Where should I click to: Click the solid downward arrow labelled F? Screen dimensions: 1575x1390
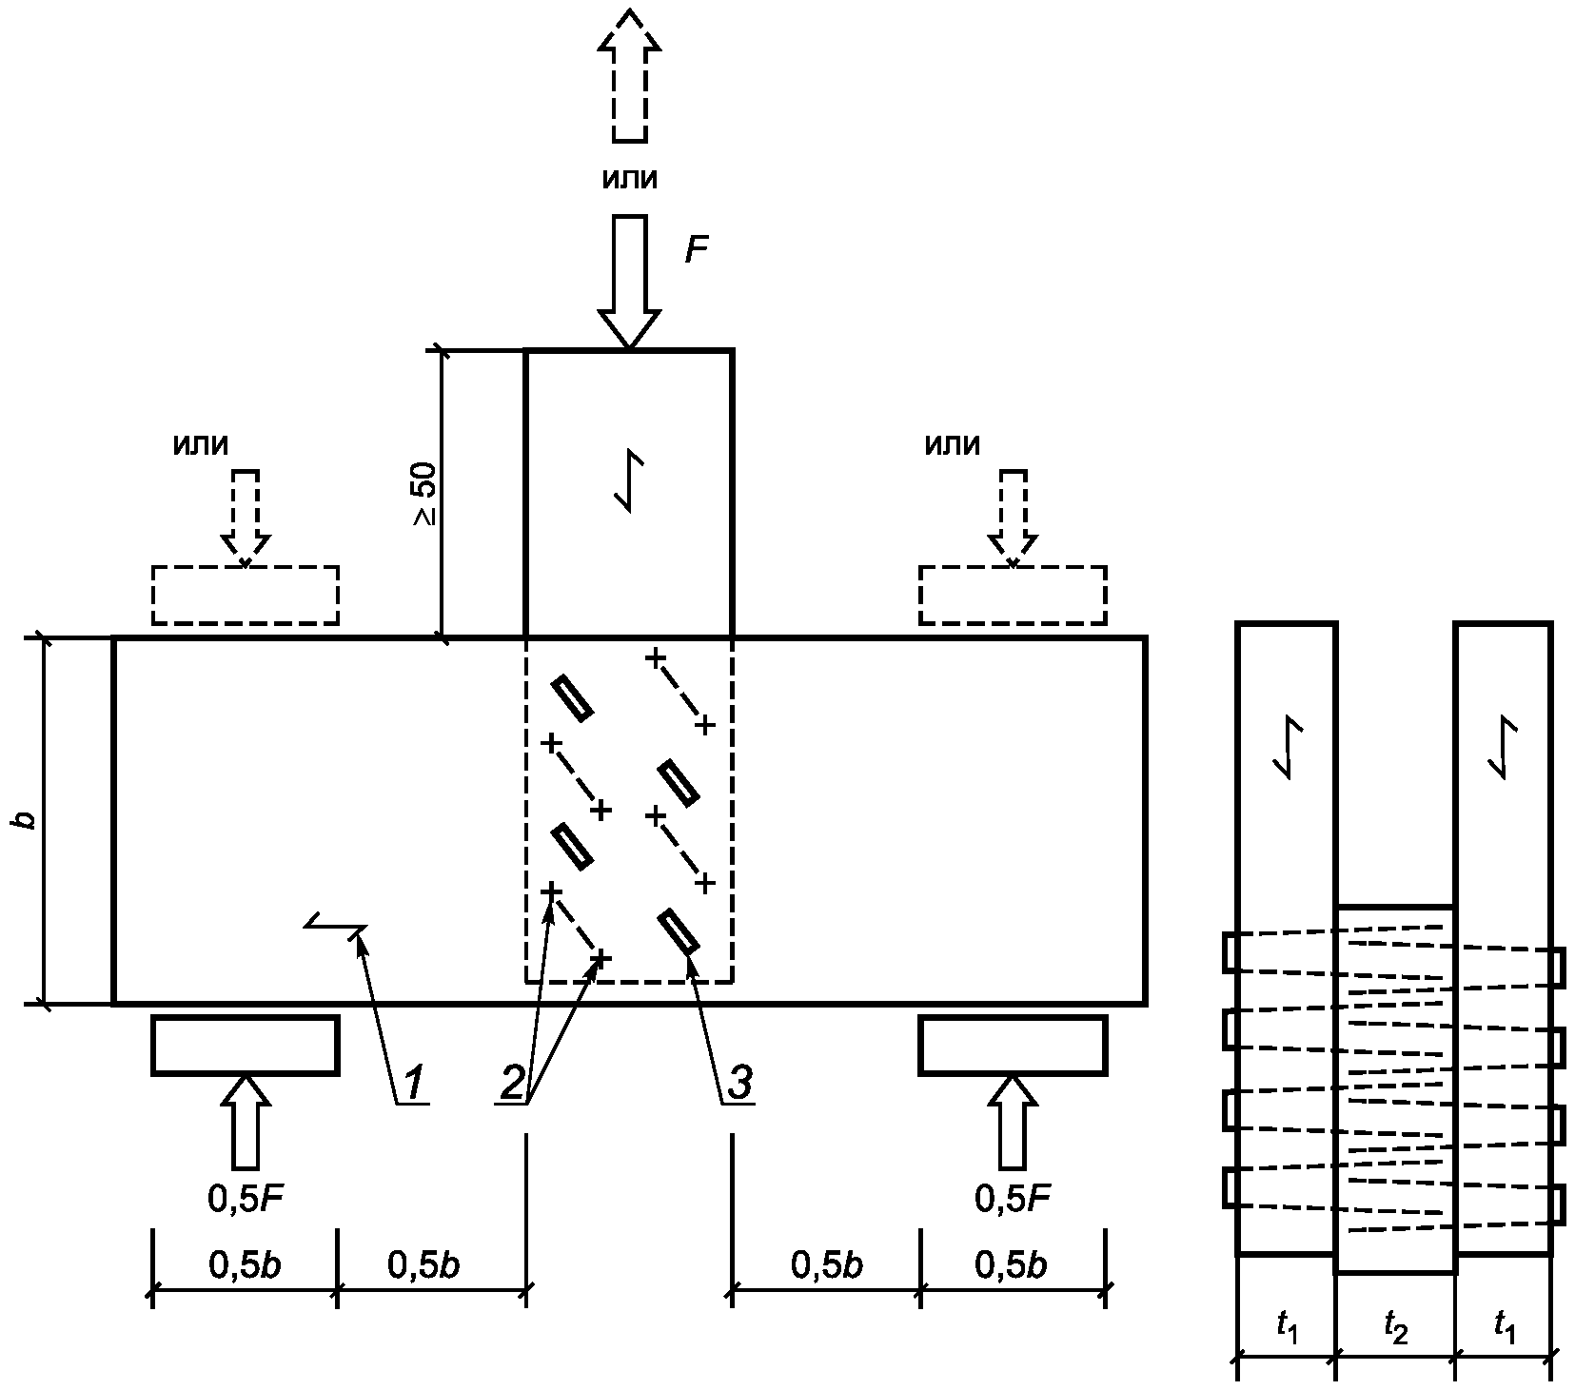628,282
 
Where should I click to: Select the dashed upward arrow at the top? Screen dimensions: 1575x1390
628,76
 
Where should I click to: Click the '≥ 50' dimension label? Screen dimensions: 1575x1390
425,494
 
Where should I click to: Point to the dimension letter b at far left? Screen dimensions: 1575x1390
29,819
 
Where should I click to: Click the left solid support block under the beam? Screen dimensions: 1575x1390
246,1045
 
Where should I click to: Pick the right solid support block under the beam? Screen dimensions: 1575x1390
1013,1045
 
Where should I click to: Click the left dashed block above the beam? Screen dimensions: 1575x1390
246,596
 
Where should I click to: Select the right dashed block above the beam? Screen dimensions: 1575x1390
1013,596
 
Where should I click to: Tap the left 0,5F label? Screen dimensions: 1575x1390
246,1200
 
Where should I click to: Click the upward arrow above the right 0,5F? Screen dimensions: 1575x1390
1013,1122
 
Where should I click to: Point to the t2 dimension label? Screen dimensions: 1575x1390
1395,1325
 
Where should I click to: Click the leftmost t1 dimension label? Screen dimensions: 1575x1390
1287,1325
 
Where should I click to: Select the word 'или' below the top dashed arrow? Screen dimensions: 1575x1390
629,179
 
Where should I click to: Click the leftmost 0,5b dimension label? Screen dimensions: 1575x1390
245,1264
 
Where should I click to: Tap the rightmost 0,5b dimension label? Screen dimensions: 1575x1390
1013,1264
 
